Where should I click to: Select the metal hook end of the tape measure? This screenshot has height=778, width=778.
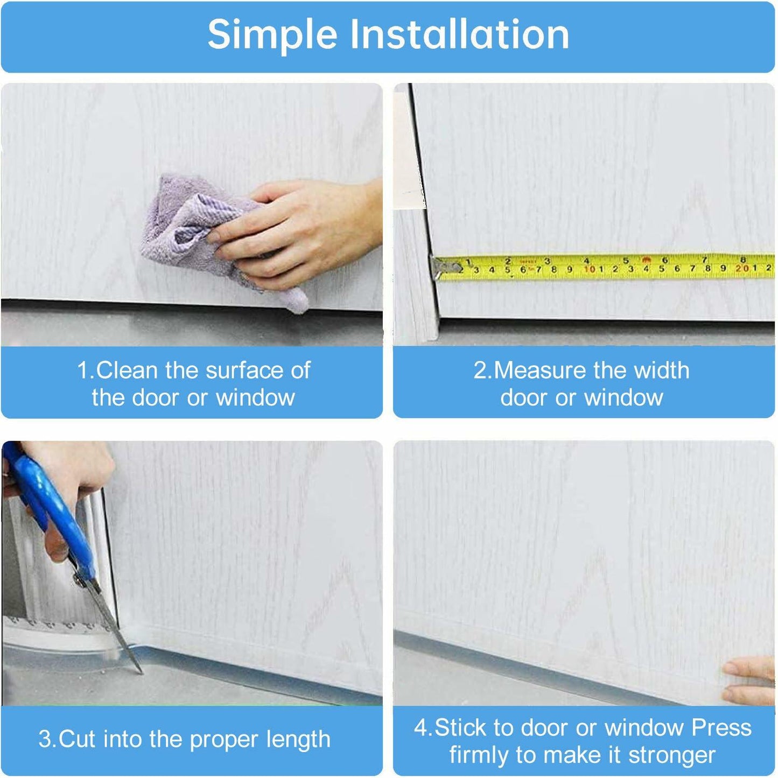pos(444,267)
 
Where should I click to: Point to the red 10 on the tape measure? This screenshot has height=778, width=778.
pos(590,269)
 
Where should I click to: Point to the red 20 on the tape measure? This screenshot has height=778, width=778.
pos(742,268)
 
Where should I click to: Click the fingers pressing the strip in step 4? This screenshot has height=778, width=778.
pos(751,681)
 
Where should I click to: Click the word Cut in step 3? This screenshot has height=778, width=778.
pos(77,739)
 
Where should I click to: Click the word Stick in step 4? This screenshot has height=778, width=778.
pos(462,727)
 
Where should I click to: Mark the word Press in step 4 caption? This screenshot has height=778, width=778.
pos(721,727)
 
